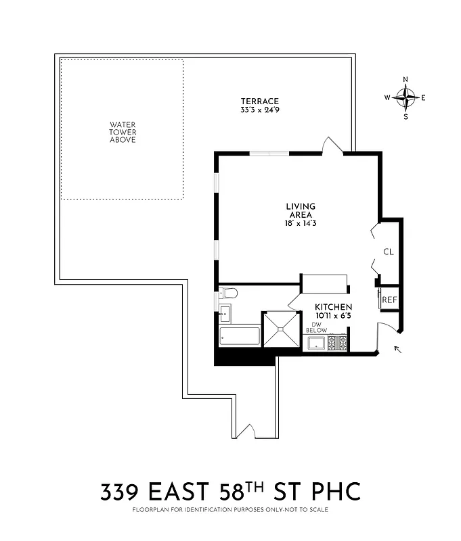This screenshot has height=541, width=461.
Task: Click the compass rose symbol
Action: [405, 97]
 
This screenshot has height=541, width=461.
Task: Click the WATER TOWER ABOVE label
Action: [123, 132]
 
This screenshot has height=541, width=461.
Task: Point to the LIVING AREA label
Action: [301, 210]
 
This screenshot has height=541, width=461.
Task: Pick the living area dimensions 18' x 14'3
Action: [301, 222]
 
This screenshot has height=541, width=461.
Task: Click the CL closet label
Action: [388, 252]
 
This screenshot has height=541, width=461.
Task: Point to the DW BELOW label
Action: [316, 327]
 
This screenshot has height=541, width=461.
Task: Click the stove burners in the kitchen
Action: [337, 344]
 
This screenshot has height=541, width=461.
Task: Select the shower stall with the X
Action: [281, 329]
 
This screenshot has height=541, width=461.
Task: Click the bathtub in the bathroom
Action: [240, 337]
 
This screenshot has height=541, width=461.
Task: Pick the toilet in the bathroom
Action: [229, 293]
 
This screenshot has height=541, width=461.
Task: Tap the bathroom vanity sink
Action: [225, 314]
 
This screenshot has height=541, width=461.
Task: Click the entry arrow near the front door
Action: [397, 350]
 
